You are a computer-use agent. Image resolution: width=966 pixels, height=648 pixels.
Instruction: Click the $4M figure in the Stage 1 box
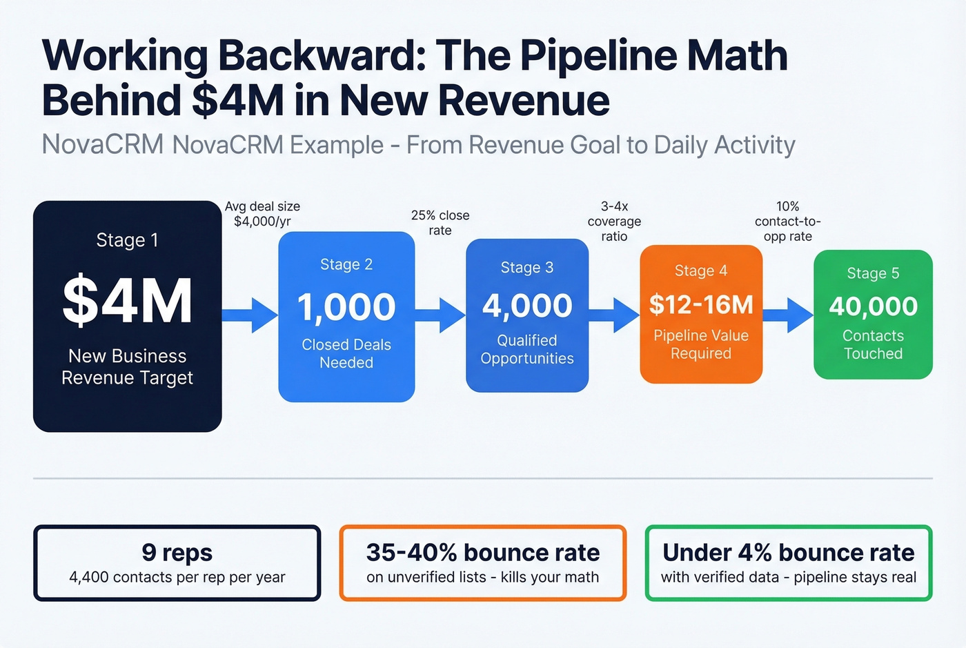click(x=128, y=301)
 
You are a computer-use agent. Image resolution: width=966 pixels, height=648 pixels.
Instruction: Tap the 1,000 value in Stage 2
click(x=346, y=307)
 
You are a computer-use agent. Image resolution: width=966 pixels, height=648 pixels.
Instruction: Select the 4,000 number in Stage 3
click(x=527, y=306)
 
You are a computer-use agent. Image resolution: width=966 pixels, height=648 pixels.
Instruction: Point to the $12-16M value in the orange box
click(x=701, y=304)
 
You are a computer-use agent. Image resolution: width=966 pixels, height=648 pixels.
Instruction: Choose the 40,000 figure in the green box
click(x=874, y=306)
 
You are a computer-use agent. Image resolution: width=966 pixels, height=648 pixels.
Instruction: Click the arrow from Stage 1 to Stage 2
click(x=250, y=315)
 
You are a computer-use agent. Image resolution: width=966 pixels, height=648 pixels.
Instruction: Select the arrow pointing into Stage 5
click(x=788, y=315)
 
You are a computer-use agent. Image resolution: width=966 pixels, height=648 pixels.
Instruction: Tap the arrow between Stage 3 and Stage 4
click(x=614, y=315)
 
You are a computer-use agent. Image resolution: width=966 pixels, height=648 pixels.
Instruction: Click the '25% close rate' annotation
click(x=440, y=223)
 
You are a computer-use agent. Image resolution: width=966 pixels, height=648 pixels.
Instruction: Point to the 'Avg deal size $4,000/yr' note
click(x=262, y=214)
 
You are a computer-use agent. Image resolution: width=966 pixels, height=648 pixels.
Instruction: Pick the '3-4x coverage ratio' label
click(x=614, y=221)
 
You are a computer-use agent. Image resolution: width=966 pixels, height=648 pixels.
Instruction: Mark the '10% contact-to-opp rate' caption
click(x=788, y=221)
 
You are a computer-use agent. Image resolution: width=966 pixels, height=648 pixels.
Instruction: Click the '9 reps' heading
click(x=177, y=552)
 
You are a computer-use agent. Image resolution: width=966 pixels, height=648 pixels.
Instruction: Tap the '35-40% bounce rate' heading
click(x=483, y=552)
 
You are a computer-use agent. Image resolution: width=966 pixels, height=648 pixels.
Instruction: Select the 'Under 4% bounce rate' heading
click(x=789, y=552)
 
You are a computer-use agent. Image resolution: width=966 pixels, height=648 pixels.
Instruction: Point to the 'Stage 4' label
click(x=701, y=271)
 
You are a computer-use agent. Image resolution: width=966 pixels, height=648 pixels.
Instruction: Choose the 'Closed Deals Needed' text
click(x=346, y=353)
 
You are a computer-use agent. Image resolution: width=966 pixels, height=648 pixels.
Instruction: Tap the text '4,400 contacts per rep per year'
click(x=177, y=577)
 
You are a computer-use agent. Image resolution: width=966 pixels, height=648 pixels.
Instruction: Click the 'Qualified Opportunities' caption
click(x=527, y=349)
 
